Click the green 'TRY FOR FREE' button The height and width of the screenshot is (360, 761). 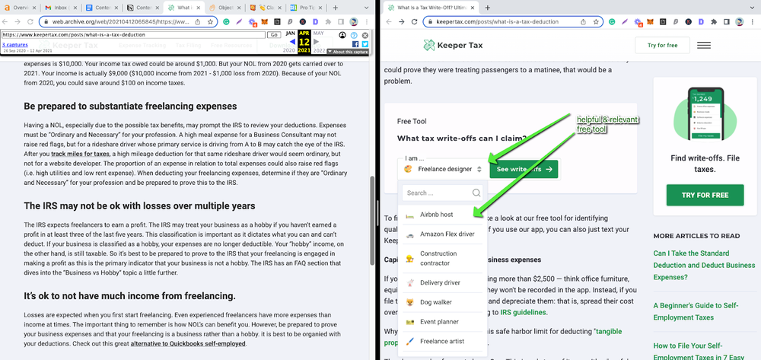(x=705, y=195)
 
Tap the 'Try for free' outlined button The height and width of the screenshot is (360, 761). (x=662, y=46)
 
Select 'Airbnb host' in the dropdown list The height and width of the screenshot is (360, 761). (x=436, y=215)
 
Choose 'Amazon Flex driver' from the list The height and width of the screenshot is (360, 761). (x=447, y=234)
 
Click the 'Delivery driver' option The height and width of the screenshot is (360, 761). (x=440, y=282)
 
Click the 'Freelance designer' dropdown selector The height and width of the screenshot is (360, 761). (x=443, y=168)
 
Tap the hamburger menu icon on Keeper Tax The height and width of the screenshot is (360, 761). (x=704, y=46)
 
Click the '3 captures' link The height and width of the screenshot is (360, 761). (x=14, y=44)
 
